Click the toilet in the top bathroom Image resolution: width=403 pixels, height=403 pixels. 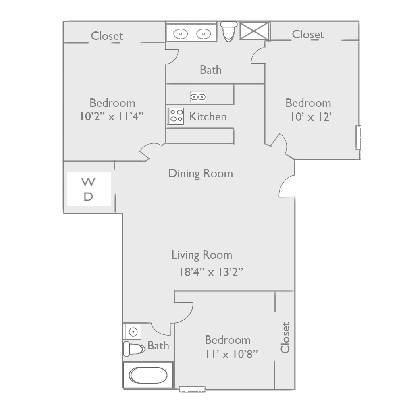pyautogui.click(x=229, y=31)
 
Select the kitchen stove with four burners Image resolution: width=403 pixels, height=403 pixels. pyautogui.click(x=176, y=116)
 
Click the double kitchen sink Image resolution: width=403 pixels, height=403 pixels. pyautogui.click(x=198, y=97)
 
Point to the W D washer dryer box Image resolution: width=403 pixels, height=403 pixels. pyautogui.click(x=89, y=189)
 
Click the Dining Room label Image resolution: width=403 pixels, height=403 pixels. pyautogui.click(x=201, y=174)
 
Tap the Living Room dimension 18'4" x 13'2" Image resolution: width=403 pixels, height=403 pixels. pyautogui.click(x=211, y=272)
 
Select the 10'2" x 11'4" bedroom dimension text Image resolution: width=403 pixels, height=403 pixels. pyautogui.click(x=112, y=116)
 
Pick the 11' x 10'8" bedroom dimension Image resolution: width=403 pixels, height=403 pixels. pyautogui.click(x=231, y=354)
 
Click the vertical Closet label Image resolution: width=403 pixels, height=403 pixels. pyautogui.click(x=285, y=337)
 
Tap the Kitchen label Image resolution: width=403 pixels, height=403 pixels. pyautogui.click(x=208, y=117)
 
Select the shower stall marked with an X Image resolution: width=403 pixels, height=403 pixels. pyautogui.click(x=254, y=31)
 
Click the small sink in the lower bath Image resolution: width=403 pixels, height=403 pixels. pyautogui.click(x=133, y=332)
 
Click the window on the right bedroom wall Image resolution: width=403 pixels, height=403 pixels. pyautogui.click(x=358, y=138)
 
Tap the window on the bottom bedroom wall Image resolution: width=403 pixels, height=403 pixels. pyautogui.click(x=192, y=389)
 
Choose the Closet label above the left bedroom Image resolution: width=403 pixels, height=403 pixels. pyautogui.click(x=107, y=36)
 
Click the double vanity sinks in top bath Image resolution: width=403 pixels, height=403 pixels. pyautogui.click(x=192, y=33)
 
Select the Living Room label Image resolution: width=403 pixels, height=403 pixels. pyautogui.click(x=202, y=255)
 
